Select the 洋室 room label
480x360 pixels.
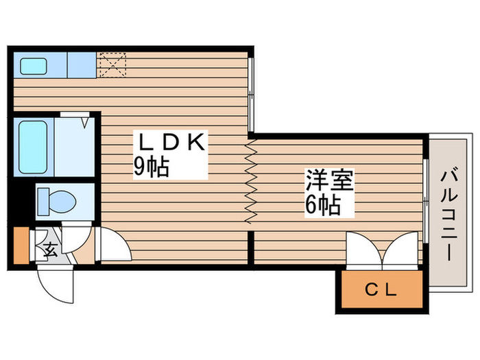tap(329, 182)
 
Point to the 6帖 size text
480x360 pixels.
tap(322, 205)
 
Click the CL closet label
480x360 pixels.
tap(380, 290)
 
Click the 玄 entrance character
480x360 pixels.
tap(51, 248)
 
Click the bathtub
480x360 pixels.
tap(32, 147)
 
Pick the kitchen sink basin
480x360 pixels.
tap(32, 67)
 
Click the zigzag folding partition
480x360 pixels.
tap(250, 182)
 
